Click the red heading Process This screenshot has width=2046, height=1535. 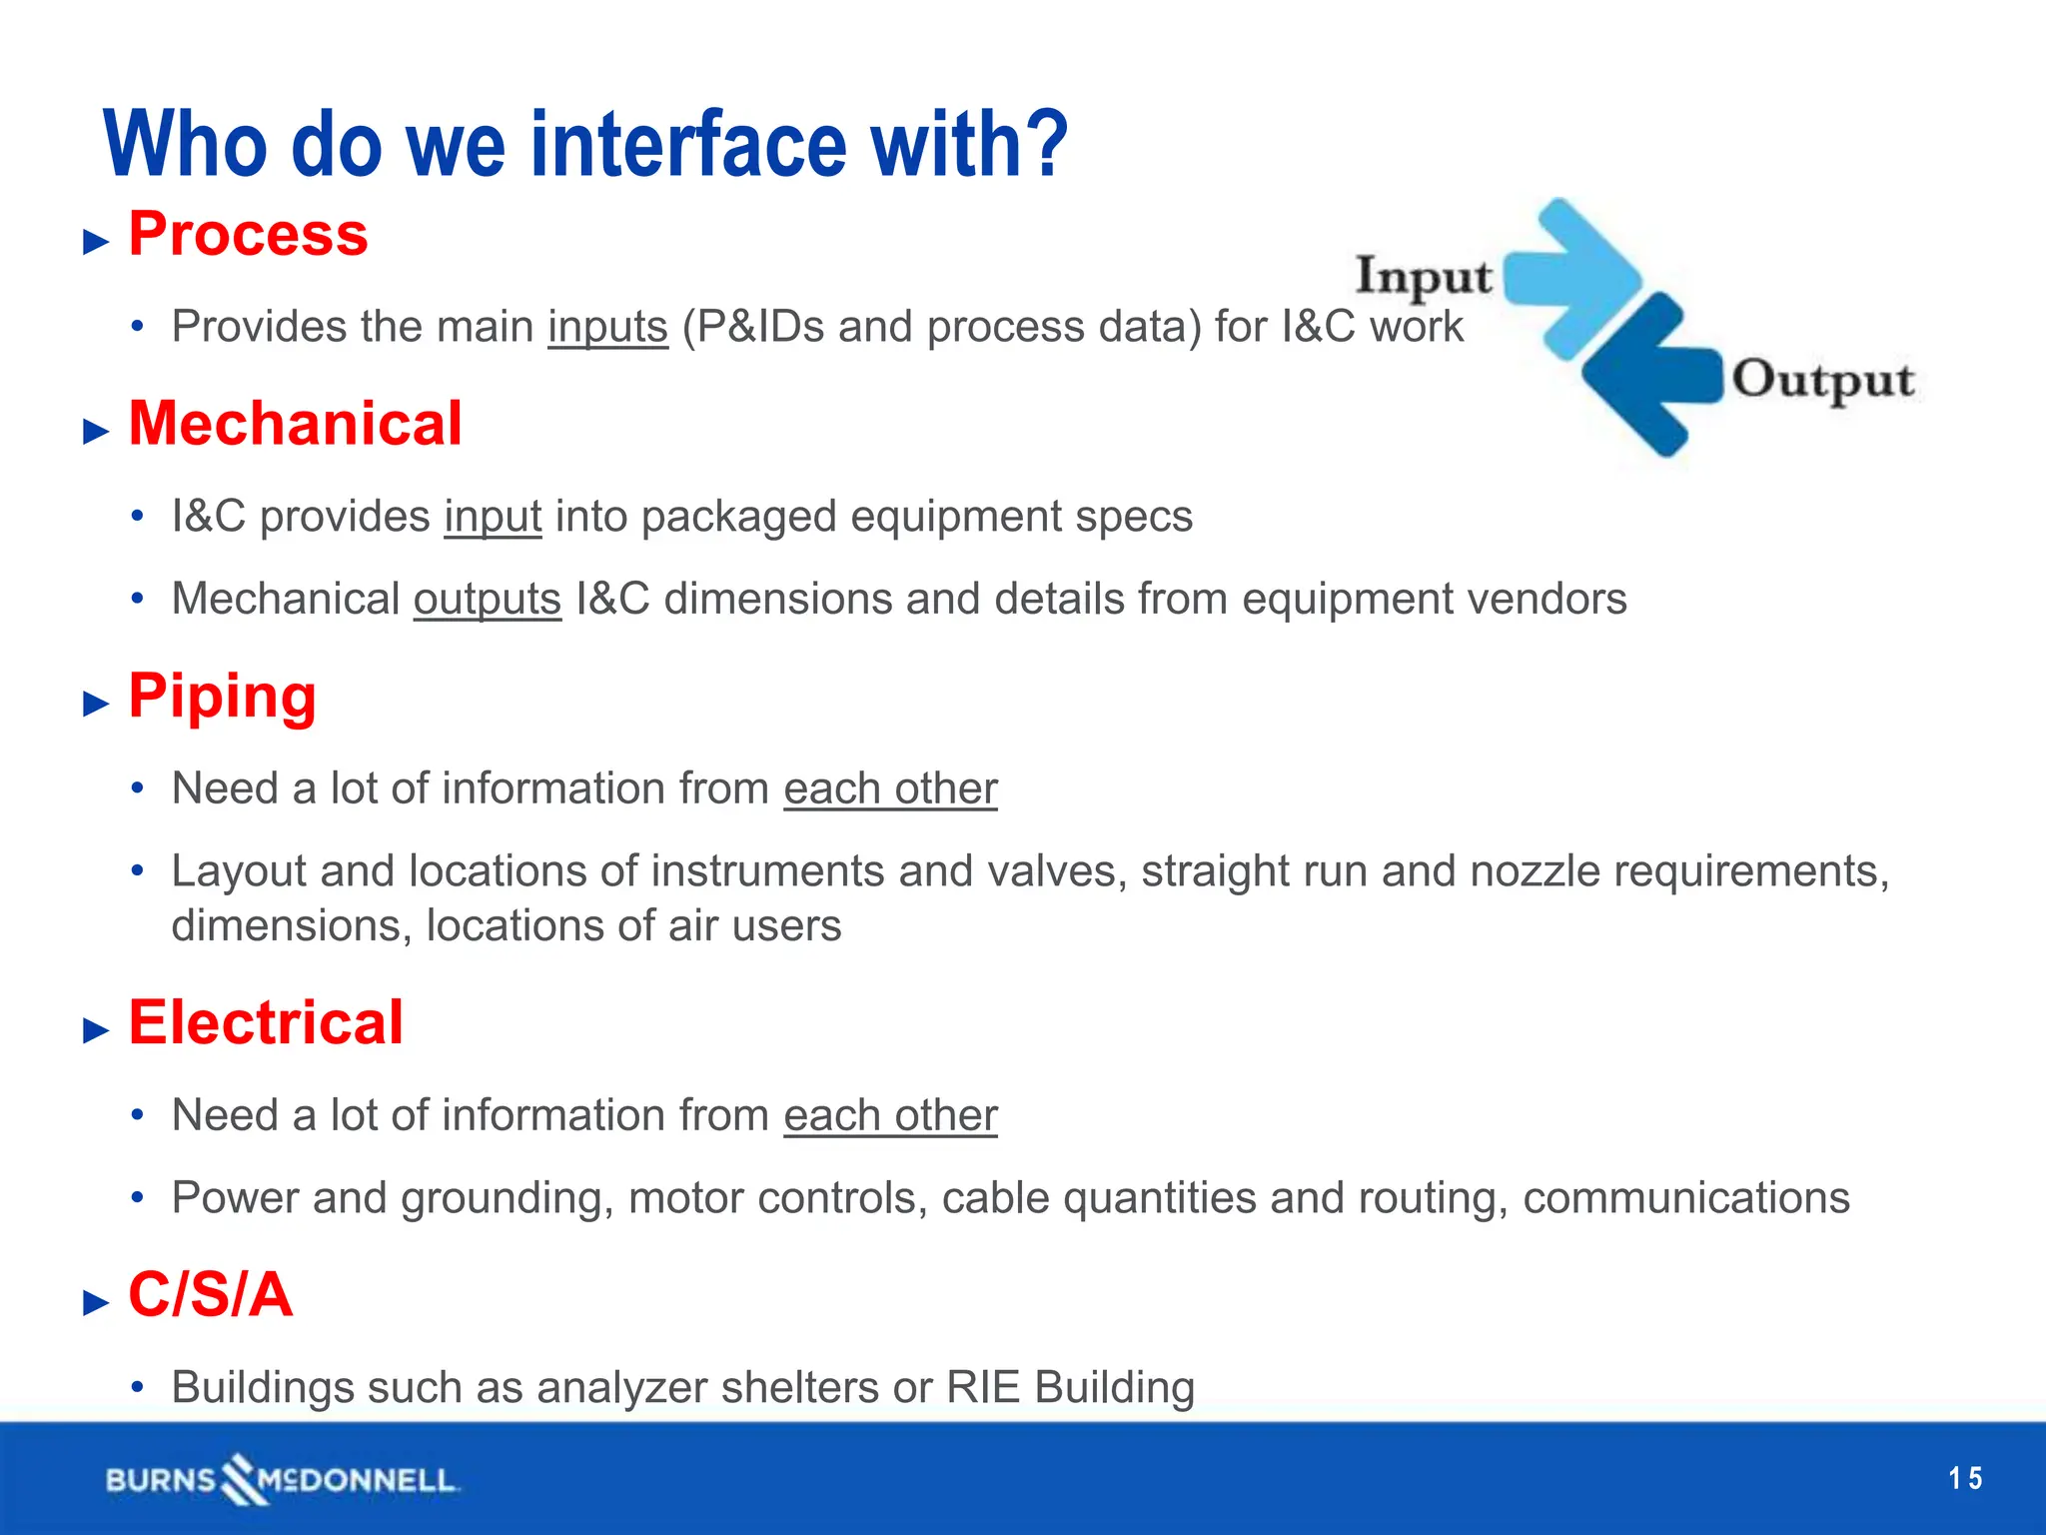tap(248, 235)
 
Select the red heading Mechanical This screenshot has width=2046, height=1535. tap(295, 424)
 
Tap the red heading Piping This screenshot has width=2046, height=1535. tap(222, 697)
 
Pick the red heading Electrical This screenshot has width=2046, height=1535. tap(266, 1023)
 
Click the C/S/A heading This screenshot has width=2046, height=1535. tap(210, 1295)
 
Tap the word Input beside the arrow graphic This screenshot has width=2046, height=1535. tap(1423, 277)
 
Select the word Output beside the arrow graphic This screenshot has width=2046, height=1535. tap(1822, 381)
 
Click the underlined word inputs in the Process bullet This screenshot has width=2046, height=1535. tap(607, 327)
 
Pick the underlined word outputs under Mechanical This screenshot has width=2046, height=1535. tap(488, 600)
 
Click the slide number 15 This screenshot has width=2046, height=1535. tap(1965, 1478)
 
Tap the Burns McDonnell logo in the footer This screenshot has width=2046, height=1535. tap(282, 1479)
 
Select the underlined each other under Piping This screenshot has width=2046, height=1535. tap(890, 788)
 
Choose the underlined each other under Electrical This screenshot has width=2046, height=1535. tap(890, 1115)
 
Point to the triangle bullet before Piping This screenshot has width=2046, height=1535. tap(96, 704)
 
